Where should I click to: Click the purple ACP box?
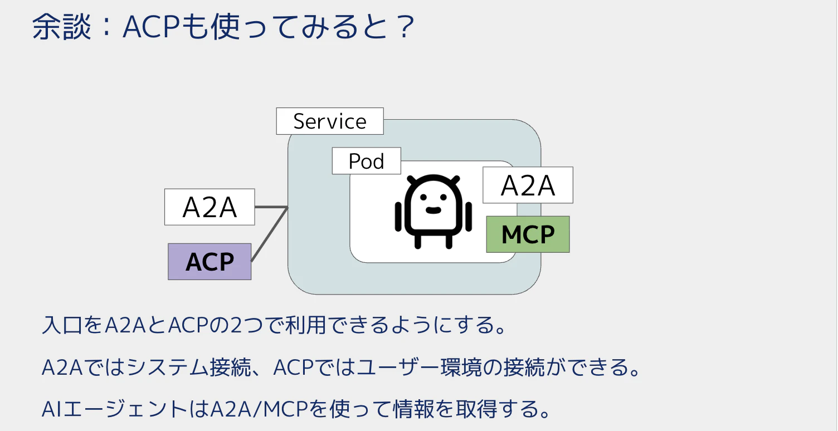[x=209, y=261]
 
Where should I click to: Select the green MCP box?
[x=528, y=234]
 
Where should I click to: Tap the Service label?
[x=330, y=121]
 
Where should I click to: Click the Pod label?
[x=366, y=161]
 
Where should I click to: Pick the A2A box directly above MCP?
[x=528, y=185]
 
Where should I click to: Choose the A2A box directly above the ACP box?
[x=209, y=207]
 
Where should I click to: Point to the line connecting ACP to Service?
[x=269, y=234]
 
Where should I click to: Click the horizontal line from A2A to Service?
[x=271, y=207]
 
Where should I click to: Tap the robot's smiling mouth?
[x=433, y=210]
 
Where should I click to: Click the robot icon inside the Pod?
[x=433, y=211]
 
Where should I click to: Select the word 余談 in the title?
[x=61, y=27]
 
